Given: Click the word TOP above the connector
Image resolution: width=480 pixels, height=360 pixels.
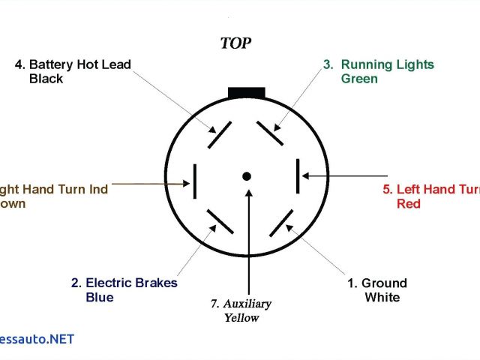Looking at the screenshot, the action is [x=235, y=43].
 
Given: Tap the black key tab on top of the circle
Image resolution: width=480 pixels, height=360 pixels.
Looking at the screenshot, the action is [x=246, y=92].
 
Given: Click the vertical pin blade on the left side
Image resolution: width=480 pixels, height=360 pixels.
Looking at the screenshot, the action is [x=195, y=181].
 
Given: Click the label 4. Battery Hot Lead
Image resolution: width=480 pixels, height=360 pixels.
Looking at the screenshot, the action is [x=73, y=64].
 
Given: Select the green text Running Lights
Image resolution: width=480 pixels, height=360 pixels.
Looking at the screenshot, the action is [x=386, y=64].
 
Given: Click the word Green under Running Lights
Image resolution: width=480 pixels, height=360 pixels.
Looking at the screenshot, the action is [x=359, y=79].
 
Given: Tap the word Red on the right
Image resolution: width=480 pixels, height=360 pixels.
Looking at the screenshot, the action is [x=409, y=204].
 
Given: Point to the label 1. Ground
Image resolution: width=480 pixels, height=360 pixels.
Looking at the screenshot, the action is [x=376, y=283].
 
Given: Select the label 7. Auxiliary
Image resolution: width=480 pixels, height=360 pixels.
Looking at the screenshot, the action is [x=241, y=304].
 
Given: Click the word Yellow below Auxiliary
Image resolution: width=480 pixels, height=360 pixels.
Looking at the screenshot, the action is [x=241, y=317].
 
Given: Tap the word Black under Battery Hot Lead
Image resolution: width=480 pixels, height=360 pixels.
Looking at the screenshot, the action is [x=46, y=79].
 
